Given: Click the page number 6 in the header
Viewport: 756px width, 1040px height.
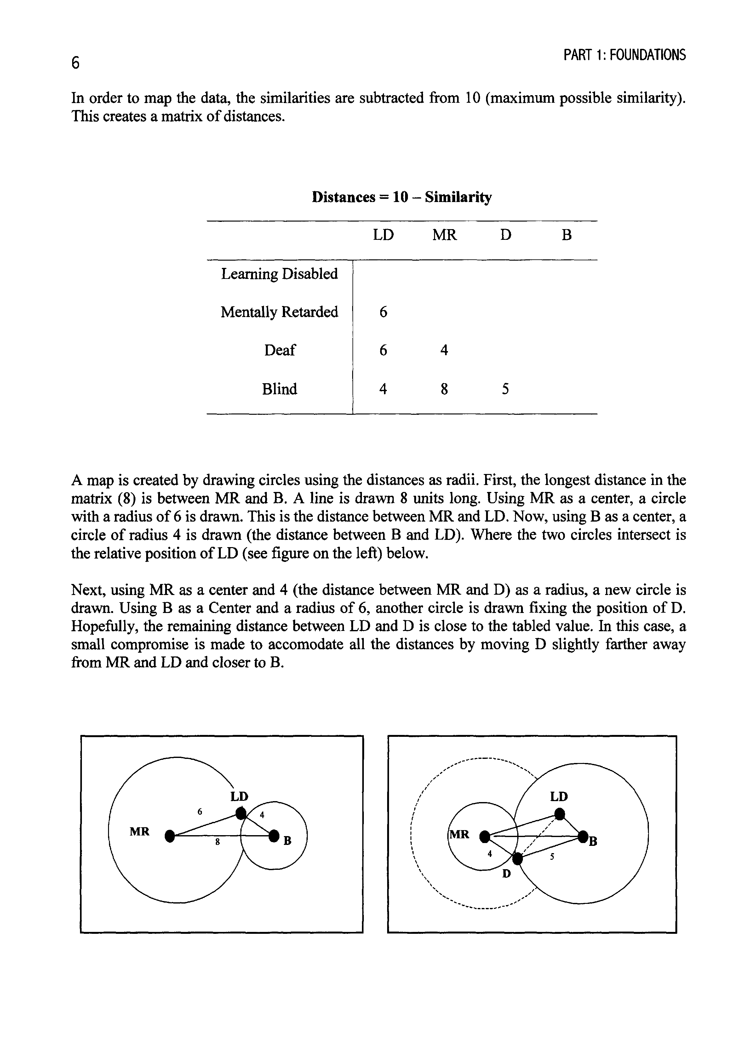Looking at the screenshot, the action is click(x=76, y=62).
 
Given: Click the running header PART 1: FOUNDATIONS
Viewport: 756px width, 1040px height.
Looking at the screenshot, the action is click(x=624, y=55).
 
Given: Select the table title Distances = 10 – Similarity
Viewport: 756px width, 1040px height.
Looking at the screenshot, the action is click(x=402, y=197).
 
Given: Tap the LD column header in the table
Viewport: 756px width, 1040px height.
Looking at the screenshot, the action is click(x=383, y=235).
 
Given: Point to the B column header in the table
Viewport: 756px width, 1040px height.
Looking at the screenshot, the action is click(x=567, y=235).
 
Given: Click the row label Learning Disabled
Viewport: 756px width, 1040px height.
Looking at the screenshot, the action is click(x=279, y=274).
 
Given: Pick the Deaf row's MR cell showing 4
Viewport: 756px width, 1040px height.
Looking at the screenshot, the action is click(x=444, y=350).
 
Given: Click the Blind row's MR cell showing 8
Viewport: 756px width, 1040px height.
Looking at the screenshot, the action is click(x=444, y=389).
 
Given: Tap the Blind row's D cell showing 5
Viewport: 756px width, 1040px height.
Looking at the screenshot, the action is click(x=505, y=389).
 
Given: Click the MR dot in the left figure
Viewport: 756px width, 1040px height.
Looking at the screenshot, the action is click(x=170, y=836).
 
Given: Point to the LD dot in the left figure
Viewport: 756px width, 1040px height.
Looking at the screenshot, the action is click(x=241, y=813).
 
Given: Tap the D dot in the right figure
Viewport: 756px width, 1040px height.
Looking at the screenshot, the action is click(x=518, y=859).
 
